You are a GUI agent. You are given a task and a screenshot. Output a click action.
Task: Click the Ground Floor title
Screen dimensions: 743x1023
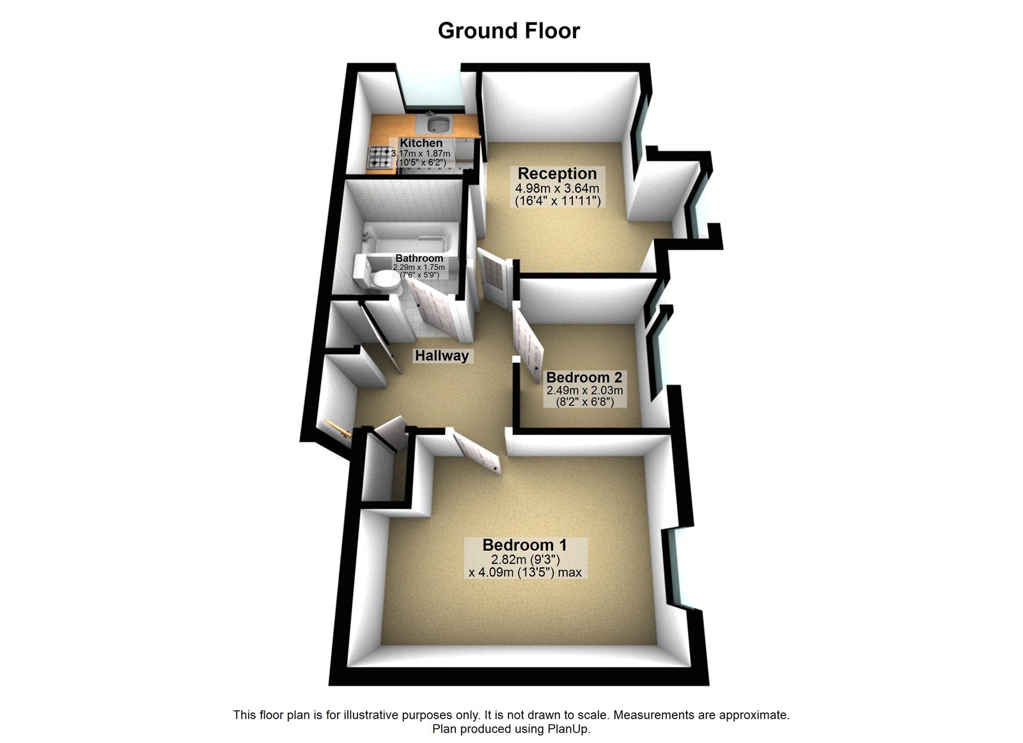point(508,31)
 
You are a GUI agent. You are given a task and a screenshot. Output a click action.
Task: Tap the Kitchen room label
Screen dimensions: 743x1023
point(421,143)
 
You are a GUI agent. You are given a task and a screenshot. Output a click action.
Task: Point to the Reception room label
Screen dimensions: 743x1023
point(557,173)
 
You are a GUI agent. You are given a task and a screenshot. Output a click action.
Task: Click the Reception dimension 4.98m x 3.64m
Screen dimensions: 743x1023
point(557,188)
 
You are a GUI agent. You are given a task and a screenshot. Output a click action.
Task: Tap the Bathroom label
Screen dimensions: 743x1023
point(419,258)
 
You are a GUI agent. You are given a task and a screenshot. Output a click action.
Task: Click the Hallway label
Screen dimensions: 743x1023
point(442,355)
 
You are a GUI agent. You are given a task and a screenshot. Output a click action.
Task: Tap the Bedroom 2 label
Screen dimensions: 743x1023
point(584,377)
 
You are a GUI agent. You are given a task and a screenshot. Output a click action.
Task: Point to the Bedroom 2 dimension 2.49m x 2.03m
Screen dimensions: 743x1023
point(584,390)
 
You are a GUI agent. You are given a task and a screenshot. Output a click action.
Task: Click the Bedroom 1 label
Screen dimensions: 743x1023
point(524,545)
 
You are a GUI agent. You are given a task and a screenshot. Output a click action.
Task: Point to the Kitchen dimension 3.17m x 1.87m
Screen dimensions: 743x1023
point(421,153)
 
